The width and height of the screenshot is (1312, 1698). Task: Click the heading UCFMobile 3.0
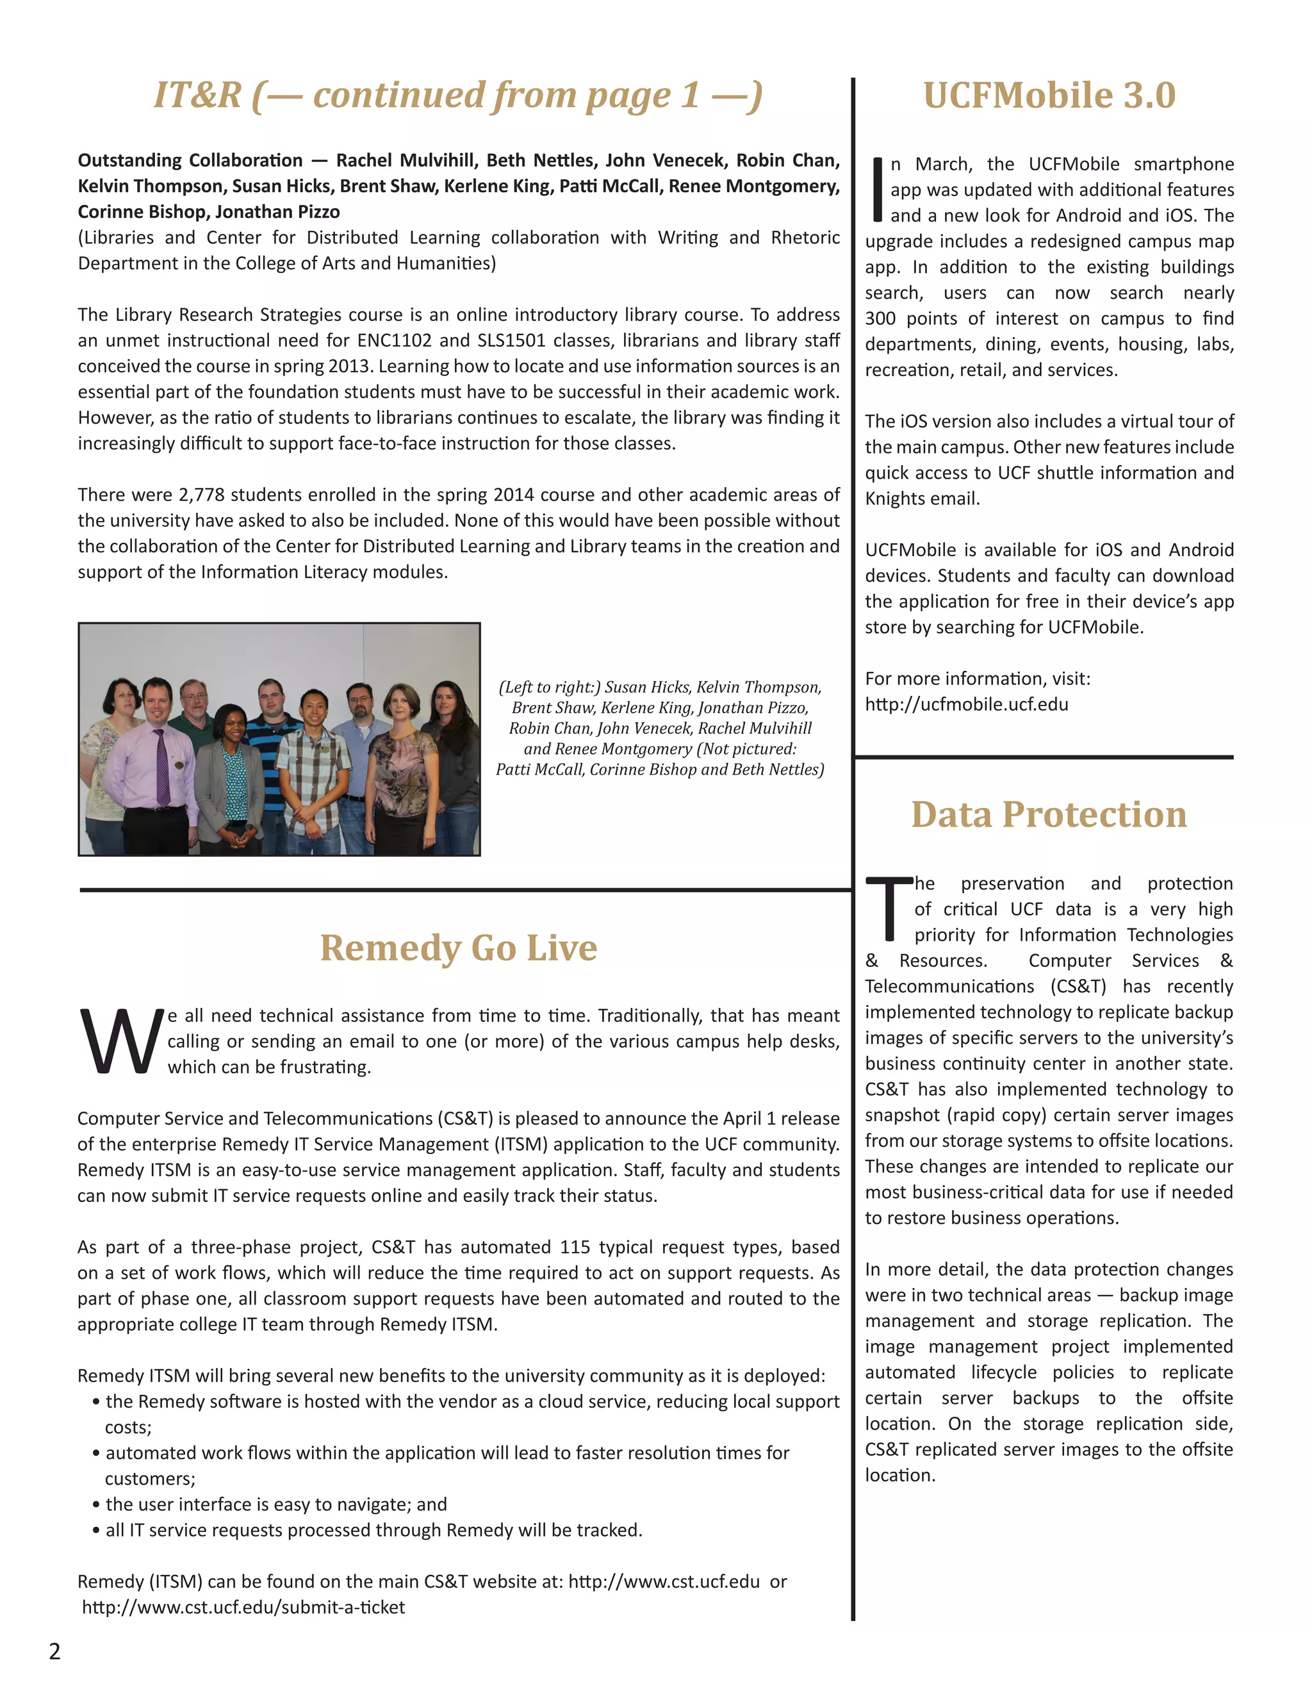1049,95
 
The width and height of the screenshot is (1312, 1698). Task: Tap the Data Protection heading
1049,815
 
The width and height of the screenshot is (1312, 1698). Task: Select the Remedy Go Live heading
459,948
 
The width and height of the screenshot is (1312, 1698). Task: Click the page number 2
54,1651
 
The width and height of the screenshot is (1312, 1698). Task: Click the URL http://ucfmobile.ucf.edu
966,704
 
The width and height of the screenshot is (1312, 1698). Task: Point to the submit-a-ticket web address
243,1607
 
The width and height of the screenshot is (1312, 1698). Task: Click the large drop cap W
120,1042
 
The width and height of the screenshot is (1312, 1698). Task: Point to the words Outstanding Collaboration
190,161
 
